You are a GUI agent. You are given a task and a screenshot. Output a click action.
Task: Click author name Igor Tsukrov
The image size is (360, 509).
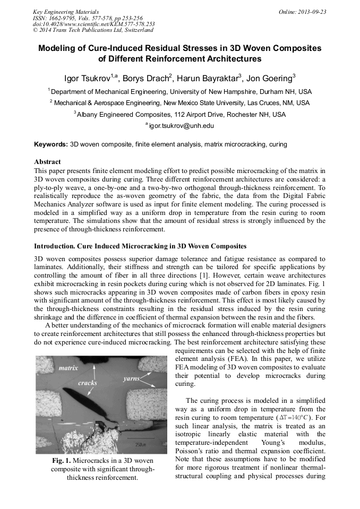coord(87,79)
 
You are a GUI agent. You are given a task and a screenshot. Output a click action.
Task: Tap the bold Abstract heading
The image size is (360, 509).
coord(47,161)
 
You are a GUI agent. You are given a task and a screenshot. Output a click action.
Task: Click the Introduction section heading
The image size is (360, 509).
coord(140,246)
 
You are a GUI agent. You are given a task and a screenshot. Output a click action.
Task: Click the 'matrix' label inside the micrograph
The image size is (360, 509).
coord(68,367)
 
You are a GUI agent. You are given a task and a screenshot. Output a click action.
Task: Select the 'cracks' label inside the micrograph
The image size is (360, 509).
coord(88,382)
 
